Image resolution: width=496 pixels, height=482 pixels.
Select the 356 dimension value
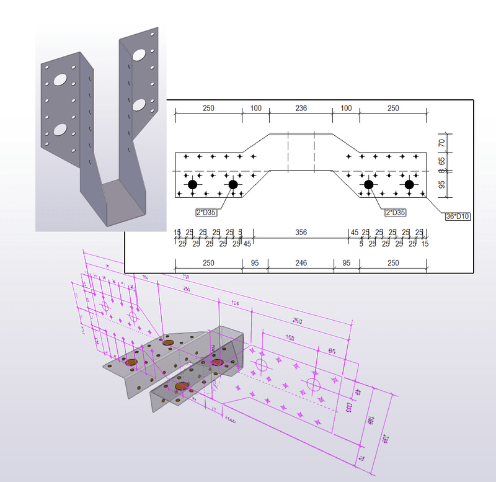point(300,233)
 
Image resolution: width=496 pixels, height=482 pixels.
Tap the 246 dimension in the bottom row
point(300,263)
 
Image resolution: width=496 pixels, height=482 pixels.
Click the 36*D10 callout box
point(457,216)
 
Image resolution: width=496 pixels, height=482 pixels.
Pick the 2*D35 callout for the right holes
point(395,212)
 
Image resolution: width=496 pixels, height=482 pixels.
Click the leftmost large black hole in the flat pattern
point(193,184)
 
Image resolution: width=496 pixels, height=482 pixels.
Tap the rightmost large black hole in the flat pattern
point(409,184)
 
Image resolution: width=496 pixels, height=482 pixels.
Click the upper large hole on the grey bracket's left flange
point(60,79)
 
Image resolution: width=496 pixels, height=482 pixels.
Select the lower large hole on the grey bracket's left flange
point(60,129)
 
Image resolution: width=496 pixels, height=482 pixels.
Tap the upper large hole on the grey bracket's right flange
point(140,54)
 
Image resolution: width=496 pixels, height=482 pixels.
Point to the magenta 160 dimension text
point(291,339)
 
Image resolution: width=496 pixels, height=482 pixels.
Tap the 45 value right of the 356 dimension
point(355,233)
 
